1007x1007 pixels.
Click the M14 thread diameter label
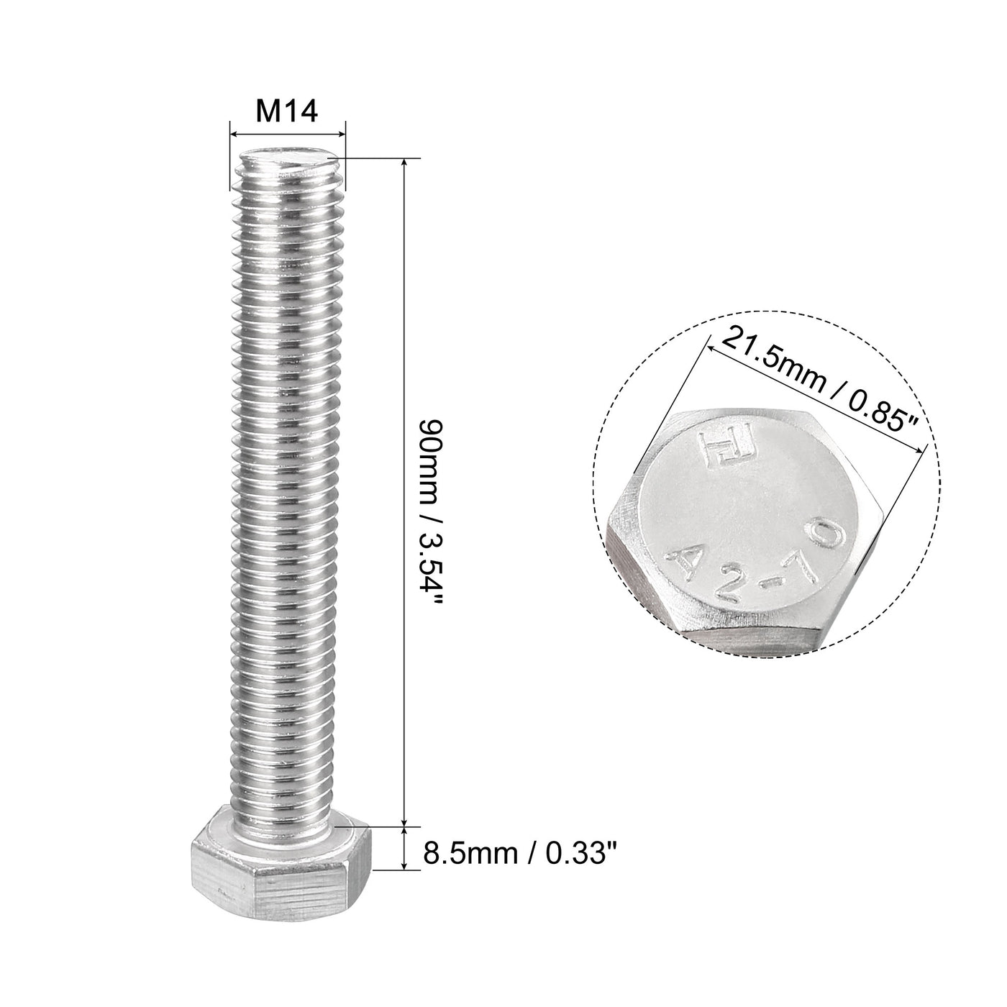pos(287,112)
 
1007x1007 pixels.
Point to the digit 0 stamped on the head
pos(827,536)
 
